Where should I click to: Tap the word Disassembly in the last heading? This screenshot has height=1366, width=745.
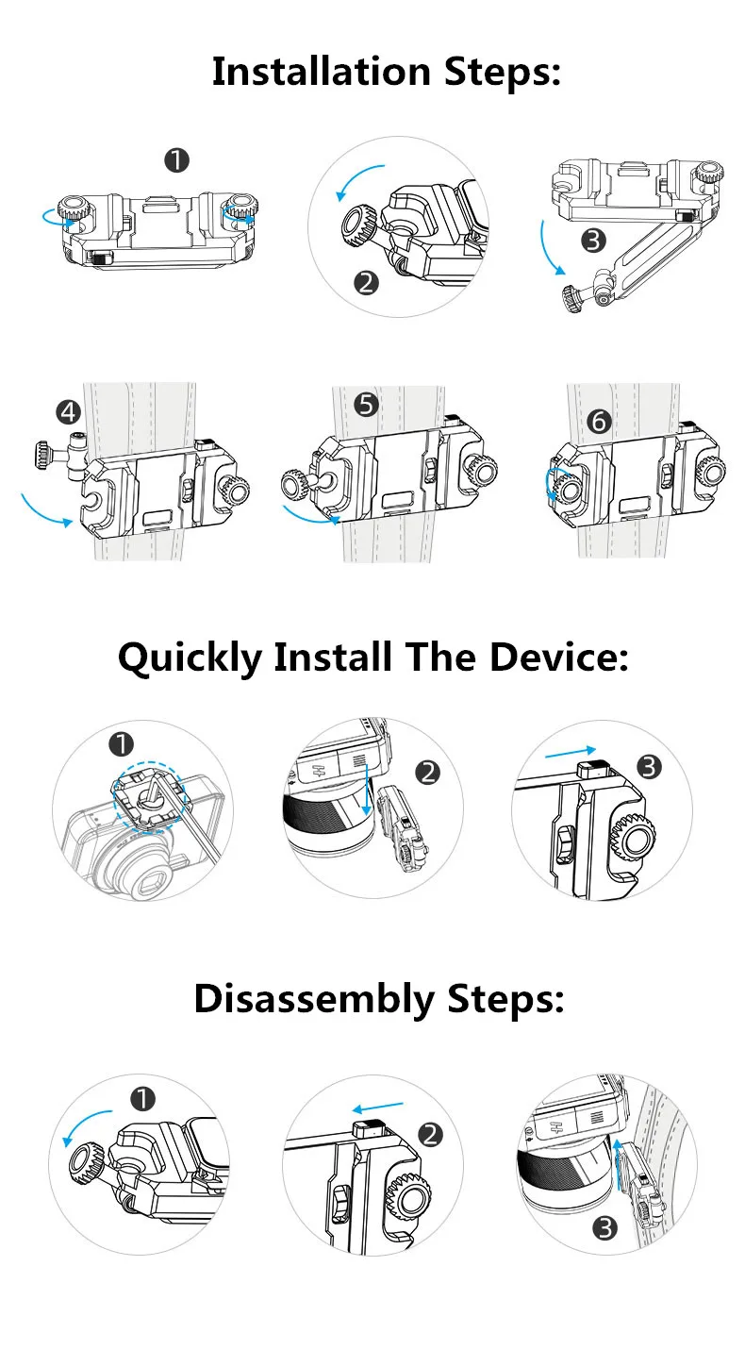(313, 998)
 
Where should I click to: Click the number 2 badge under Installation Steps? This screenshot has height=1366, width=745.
(366, 281)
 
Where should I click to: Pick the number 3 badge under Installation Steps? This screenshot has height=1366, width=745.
(593, 241)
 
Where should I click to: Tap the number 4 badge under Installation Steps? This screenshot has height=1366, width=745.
(67, 411)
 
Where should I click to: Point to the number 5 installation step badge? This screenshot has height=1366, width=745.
(367, 405)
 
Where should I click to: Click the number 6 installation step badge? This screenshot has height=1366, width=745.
(599, 421)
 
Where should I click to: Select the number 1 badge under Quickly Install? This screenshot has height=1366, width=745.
(121, 745)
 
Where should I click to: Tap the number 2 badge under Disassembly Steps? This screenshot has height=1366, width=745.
(430, 1134)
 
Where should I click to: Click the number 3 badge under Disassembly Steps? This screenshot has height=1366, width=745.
(603, 1227)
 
